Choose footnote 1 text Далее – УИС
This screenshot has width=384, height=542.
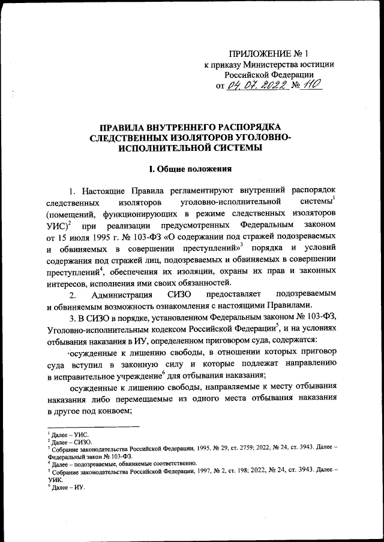67,432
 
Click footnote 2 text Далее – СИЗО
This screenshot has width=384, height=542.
69,440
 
